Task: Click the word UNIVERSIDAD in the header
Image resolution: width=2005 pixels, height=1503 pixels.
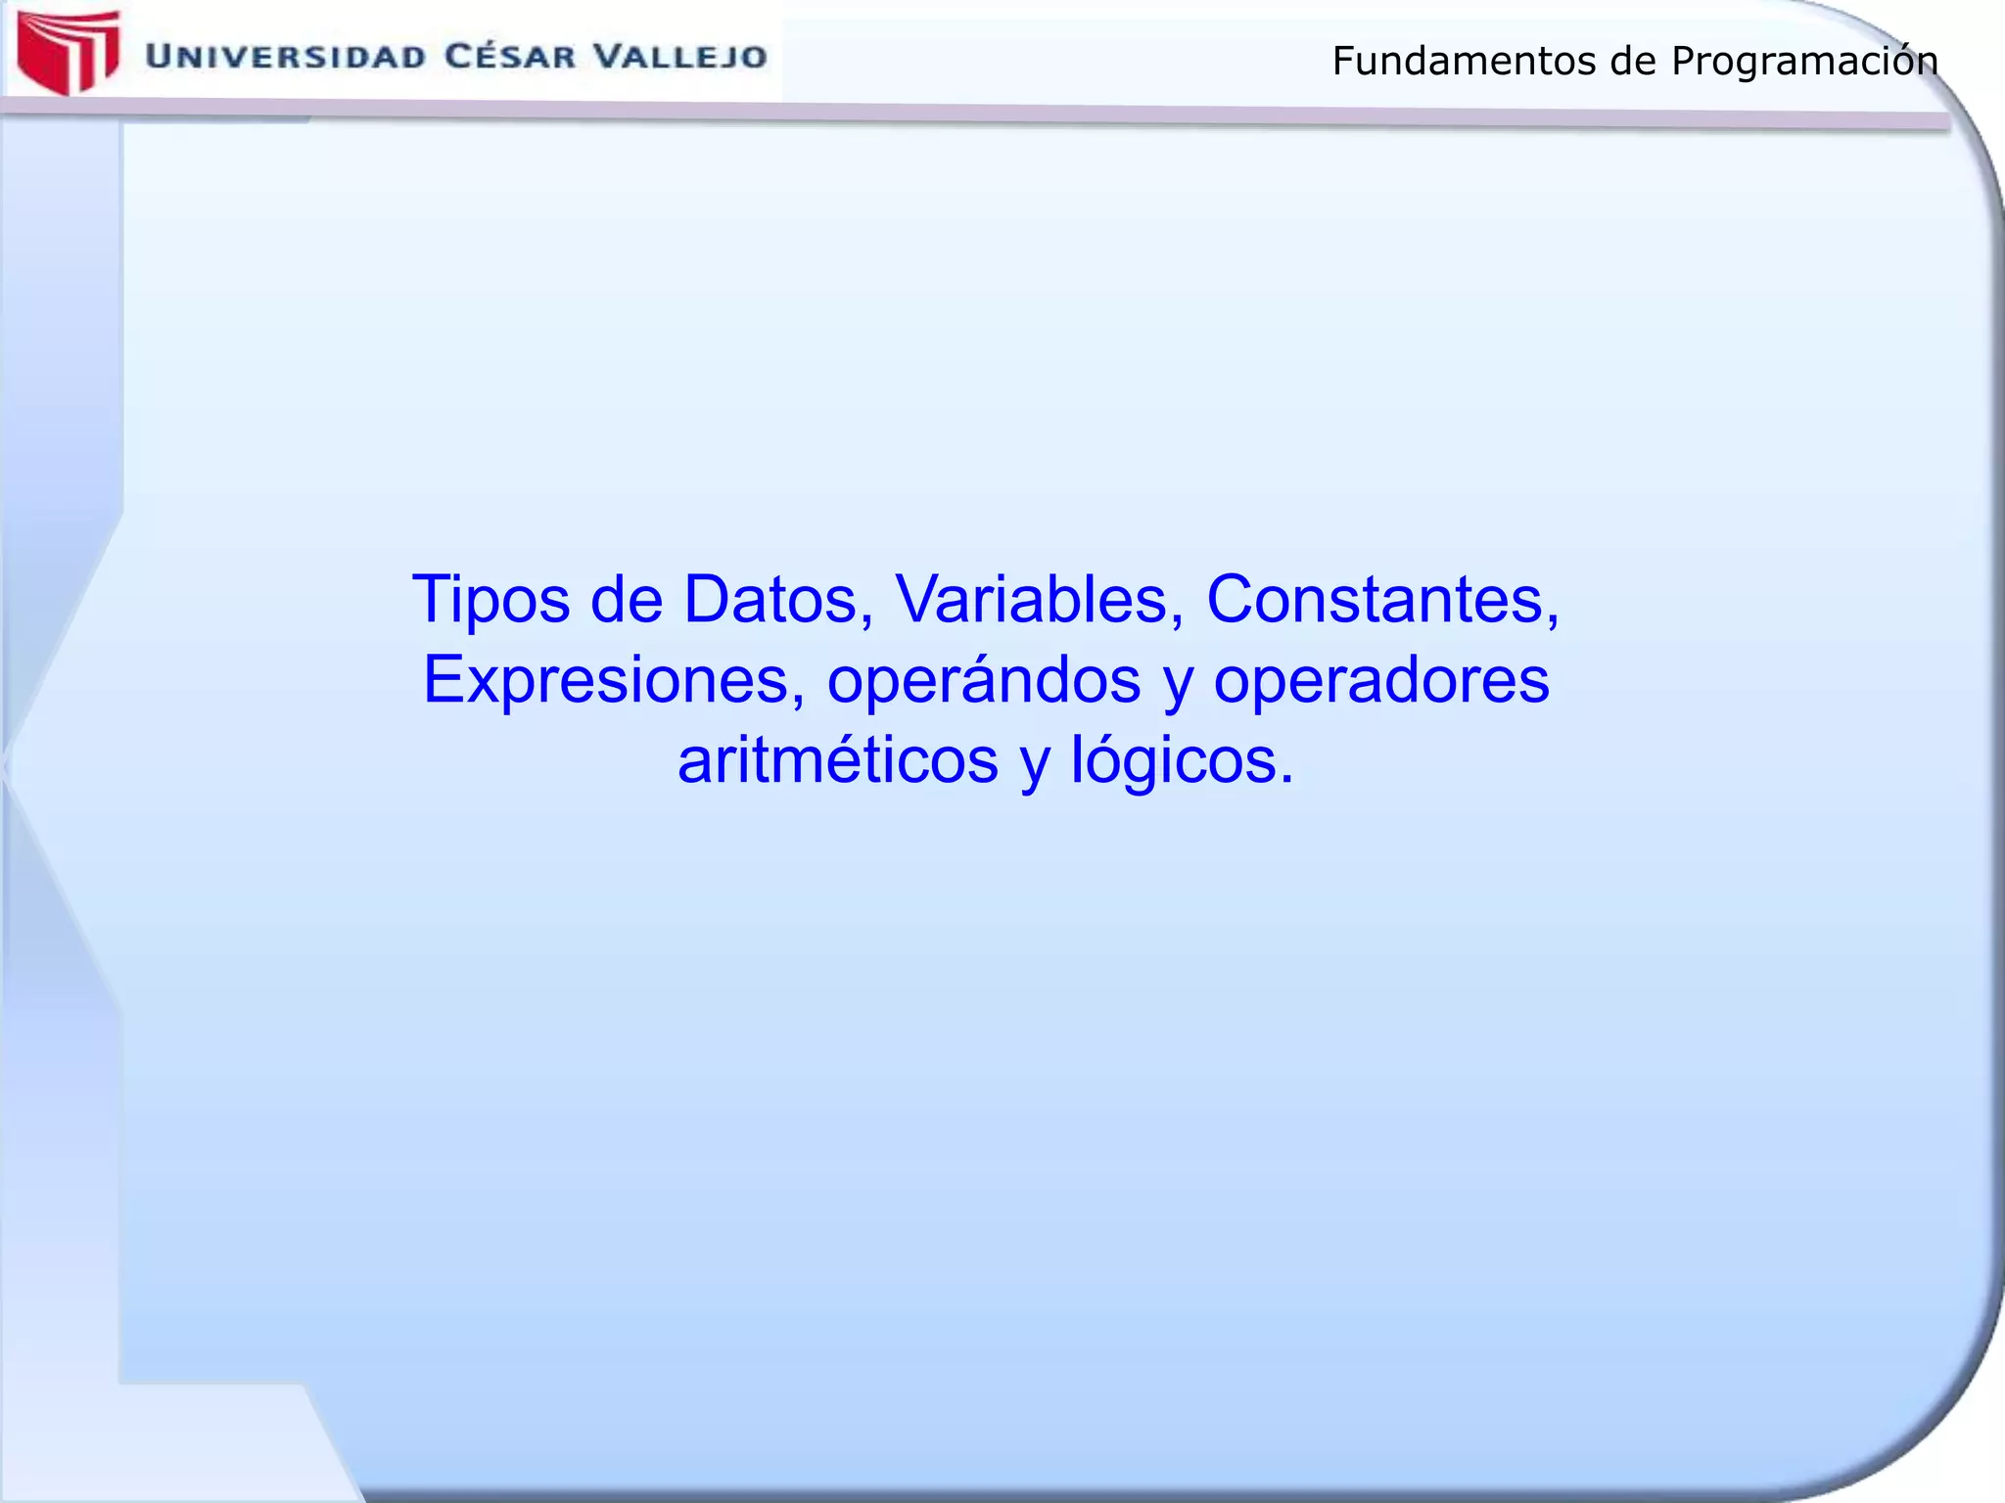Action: click(x=285, y=57)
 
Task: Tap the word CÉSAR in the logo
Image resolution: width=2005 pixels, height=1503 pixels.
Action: click(x=509, y=56)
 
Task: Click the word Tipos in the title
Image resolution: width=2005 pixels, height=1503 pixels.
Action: click(x=490, y=600)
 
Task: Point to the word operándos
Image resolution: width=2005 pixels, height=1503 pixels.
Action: click(x=984, y=680)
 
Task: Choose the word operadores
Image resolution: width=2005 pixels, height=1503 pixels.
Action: click(x=1381, y=680)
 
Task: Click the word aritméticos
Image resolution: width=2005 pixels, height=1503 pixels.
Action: click(x=838, y=760)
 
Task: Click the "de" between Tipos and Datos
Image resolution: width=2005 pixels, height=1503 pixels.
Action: click(x=627, y=599)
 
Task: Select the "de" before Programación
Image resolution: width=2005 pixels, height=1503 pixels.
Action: click(x=1633, y=62)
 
